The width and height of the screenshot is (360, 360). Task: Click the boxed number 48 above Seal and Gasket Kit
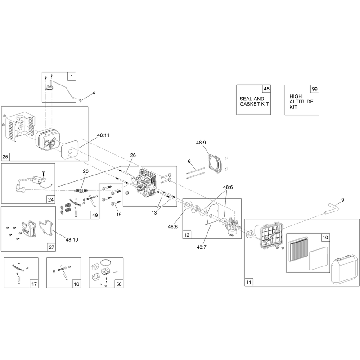click(266, 89)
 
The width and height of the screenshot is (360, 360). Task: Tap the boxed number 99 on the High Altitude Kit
click(315, 89)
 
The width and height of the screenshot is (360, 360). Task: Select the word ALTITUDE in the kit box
click(301, 102)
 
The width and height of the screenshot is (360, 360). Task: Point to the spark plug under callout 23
click(81, 190)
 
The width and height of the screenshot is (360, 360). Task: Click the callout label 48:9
click(201, 143)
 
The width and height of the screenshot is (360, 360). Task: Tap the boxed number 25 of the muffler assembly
click(5, 157)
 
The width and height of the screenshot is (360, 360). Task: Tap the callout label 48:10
click(72, 240)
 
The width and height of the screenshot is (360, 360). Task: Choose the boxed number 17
click(34, 284)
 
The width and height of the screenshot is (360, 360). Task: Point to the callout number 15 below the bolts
click(119, 215)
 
